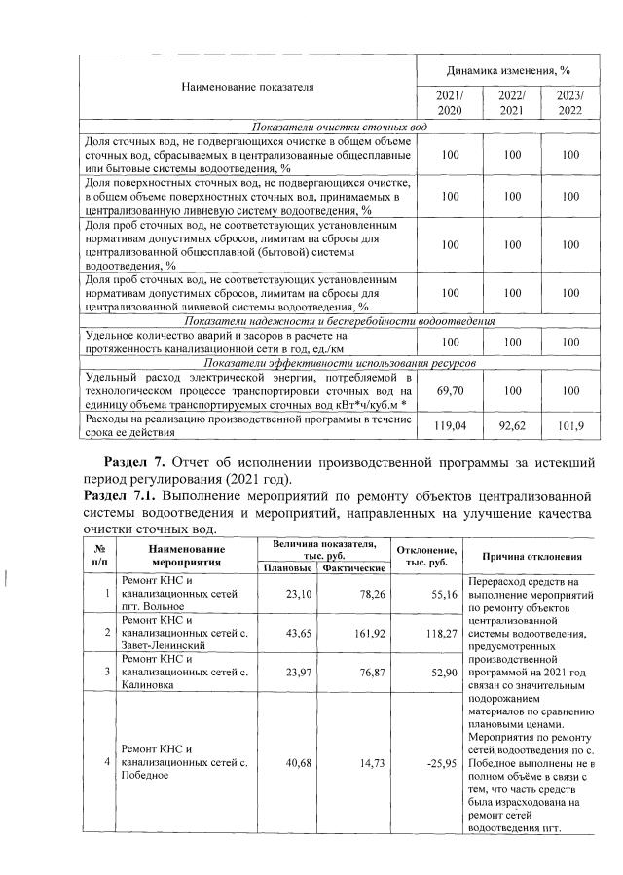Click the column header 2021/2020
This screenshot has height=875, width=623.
click(x=449, y=102)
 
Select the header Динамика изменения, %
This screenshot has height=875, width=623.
click(x=508, y=71)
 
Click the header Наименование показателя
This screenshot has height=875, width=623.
click(x=247, y=87)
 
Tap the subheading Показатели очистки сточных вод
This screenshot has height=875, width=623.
click(x=339, y=128)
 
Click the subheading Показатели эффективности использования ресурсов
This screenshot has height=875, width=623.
click(x=339, y=361)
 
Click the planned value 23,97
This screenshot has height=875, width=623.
click(x=283, y=672)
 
